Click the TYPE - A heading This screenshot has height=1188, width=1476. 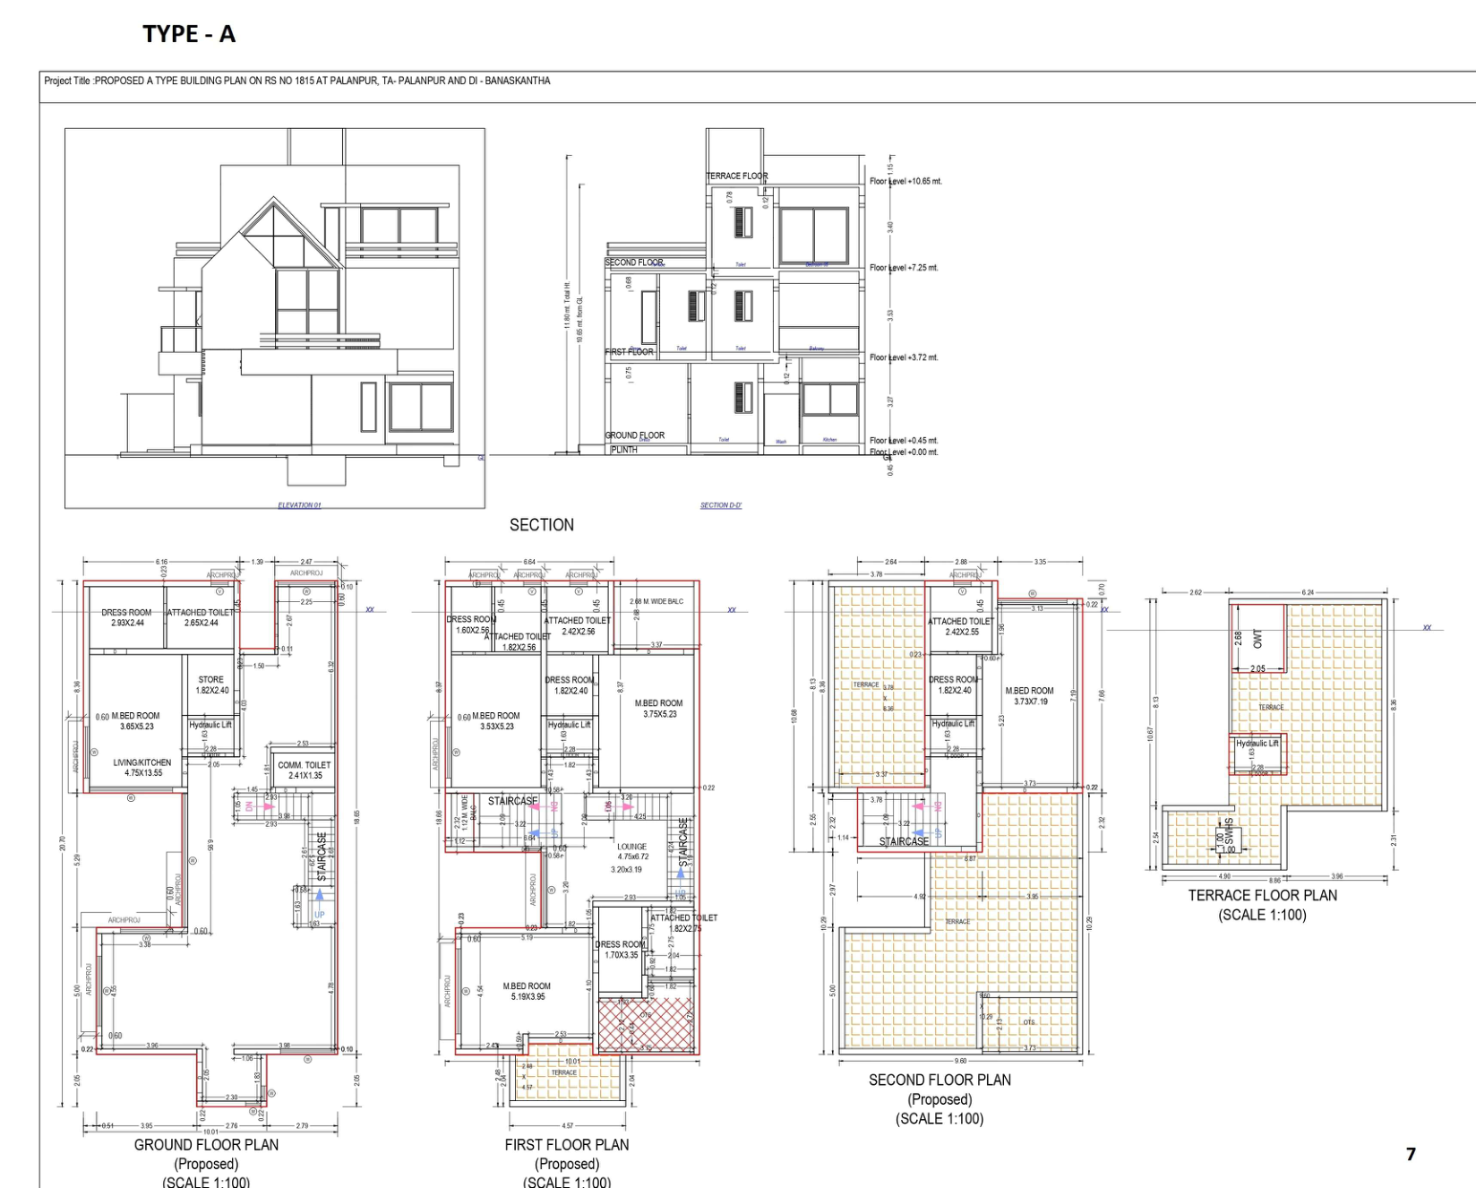click(189, 34)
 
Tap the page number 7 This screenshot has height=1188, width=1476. click(1411, 1154)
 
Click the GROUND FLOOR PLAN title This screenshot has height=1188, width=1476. click(206, 1145)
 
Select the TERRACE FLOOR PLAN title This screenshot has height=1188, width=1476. click(1262, 895)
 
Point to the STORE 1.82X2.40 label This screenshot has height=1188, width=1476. click(212, 684)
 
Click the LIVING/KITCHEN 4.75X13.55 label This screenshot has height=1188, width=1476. click(142, 768)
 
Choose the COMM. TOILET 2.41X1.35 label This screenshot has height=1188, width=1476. click(305, 770)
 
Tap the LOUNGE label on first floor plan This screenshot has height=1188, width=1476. click(631, 847)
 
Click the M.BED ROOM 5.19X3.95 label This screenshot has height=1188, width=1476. click(527, 991)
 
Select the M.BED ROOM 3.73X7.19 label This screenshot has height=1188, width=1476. click(1029, 696)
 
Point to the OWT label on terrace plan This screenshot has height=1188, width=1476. click(1257, 638)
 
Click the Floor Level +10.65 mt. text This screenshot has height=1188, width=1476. click(905, 181)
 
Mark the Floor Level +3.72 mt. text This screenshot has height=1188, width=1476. click(904, 357)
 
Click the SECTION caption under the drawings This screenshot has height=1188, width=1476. click(541, 525)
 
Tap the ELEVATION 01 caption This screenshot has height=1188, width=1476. click(299, 505)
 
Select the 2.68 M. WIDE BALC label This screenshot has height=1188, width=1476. click(656, 601)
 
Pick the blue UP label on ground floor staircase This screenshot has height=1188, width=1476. click(320, 915)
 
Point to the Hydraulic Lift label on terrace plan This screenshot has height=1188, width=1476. click(1257, 744)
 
